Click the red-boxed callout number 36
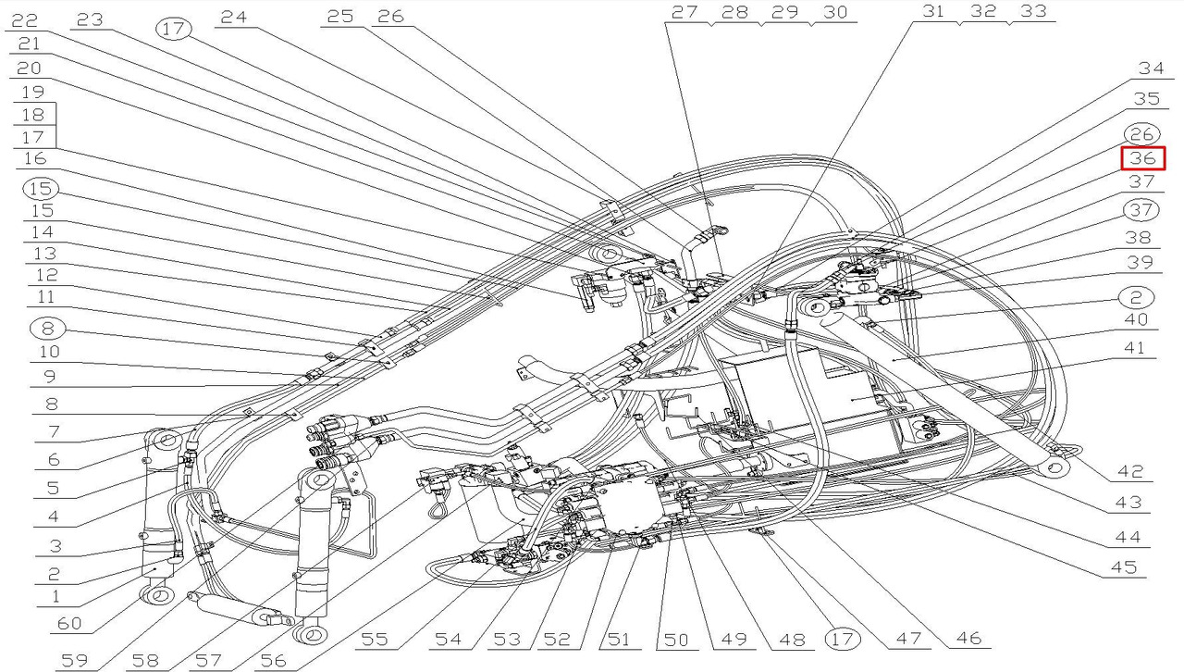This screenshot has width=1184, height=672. tap(1143, 158)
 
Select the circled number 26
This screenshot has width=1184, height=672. tap(1141, 134)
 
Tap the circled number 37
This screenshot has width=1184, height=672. tap(1141, 210)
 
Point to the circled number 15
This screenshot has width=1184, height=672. tap(41, 189)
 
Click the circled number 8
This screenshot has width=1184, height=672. tap(47, 329)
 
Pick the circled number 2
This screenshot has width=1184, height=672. tap(1136, 298)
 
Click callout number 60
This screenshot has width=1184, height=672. tap(69, 623)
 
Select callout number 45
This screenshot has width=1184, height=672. tap(1124, 566)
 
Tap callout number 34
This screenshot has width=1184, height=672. tap(1151, 68)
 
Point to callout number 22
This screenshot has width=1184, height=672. tap(25, 20)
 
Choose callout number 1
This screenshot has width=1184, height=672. tap(55, 596)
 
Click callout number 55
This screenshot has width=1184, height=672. tap(375, 640)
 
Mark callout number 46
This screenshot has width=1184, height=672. tap(968, 638)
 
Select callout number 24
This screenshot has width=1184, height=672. tap(234, 17)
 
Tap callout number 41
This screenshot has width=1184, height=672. tap(1134, 348)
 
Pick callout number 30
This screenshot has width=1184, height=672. tap(835, 12)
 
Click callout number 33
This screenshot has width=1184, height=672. tap(1033, 11)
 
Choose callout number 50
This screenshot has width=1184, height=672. tap(676, 640)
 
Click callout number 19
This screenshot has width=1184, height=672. tap(32, 92)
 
